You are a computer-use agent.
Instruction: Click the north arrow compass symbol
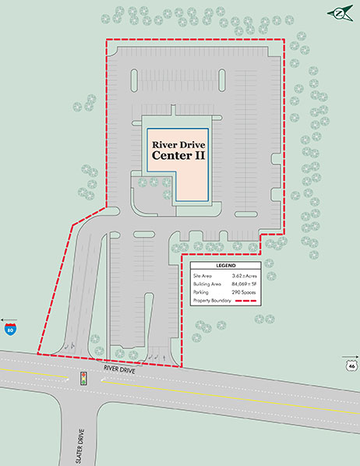click(x=340, y=12)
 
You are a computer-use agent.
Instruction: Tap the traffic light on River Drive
click(x=83, y=379)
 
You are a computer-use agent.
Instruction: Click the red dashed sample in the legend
click(x=246, y=302)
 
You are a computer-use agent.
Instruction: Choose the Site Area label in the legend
click(x=203, y=276)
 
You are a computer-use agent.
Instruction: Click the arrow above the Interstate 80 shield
click(x=9, y=320)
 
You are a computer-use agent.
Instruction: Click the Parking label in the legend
click(x=202, y=293)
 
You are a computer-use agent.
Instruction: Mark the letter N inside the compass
click(x=340, y=12)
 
